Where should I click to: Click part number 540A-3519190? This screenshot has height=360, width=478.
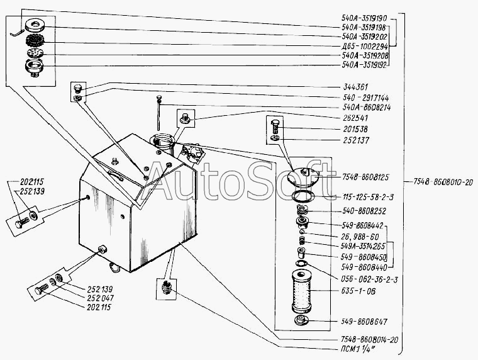click(364, 18)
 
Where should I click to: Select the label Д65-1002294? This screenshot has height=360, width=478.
click(365, 47)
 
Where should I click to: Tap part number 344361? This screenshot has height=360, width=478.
click(355, 87)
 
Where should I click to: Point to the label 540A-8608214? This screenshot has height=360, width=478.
click(367, 108)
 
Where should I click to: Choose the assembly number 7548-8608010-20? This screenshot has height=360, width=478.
click(443, 182)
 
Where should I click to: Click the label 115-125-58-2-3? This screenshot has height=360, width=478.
click(368, 197)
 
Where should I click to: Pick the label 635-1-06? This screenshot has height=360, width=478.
click(358, 291)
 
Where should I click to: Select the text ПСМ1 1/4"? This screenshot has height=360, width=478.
click(357, 349)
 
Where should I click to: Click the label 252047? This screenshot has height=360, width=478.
click(100, 298)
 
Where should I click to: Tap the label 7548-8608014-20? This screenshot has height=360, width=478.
click(369, 340)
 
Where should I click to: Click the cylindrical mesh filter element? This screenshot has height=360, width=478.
click(301, 291)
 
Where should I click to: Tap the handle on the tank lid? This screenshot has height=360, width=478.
click(116, 176)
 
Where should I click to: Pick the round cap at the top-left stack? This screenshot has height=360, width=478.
click(35, 26)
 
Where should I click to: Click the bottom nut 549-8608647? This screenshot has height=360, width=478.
click(301, 320)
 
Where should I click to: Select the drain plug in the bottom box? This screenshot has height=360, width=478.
click(167, 287)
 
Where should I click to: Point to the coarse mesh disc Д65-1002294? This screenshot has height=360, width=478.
click(35, 40)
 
